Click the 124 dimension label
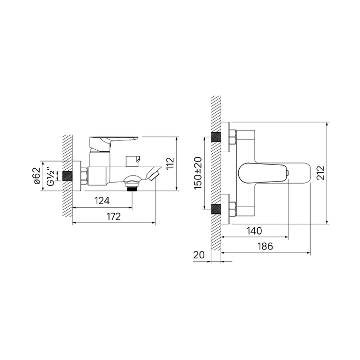pyautogui.click(x=102, y=201)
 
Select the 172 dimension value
pyautogui.click(x=114, y=217)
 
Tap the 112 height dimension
pyautogui.click(x=170, y=163)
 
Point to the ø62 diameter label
pyautogui.click(x=38, y=176)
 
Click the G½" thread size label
pyautogui.click(x=51, y=176)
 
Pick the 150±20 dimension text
pyautogui.click(x=198, y=173)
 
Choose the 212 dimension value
pyautogui.click(x=320, y=173)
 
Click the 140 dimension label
pyautogui.click(x=254, y=231)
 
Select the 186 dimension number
pyautogui.click(x=265, y=246)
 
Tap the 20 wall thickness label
pyautogui.click(x=199, y=255)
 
